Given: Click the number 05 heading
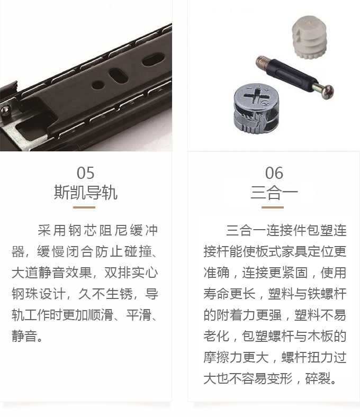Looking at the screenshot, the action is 85,173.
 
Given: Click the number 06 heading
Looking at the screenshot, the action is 274,173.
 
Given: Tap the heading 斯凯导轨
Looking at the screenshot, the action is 85,192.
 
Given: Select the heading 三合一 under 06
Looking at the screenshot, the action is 274,192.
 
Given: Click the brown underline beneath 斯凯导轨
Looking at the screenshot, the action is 84,207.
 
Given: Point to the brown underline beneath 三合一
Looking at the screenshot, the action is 273,207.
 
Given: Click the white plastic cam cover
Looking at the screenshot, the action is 308,37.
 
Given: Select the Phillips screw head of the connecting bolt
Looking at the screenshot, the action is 328,92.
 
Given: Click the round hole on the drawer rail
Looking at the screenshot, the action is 98,85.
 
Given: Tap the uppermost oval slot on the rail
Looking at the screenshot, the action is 153,60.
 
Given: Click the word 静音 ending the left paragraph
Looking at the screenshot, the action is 24,336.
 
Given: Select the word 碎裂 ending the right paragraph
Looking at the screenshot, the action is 318,378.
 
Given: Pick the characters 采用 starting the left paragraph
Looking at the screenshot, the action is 52,230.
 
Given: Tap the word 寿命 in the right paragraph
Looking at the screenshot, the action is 217,294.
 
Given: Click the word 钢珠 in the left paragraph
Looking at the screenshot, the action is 24,294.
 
